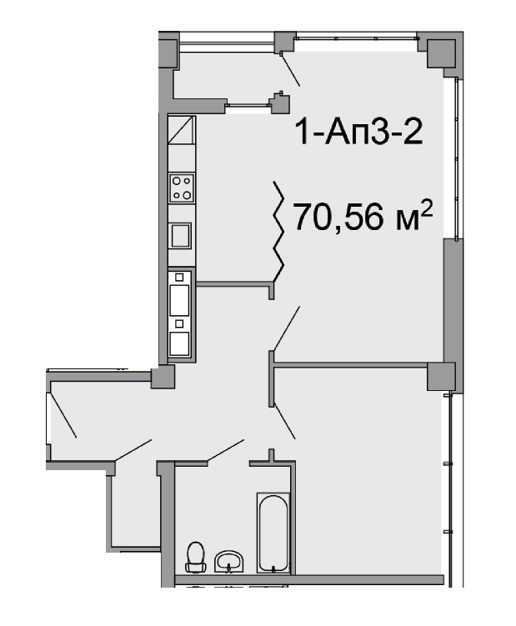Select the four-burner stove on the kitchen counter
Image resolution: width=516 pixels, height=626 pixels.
[x=181, y=187]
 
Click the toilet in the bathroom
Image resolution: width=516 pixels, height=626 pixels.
[x=196, y=555]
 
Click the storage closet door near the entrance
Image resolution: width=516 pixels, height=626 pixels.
[x=133, y=450]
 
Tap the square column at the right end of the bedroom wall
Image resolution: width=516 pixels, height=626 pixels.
[x=442, y=376]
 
